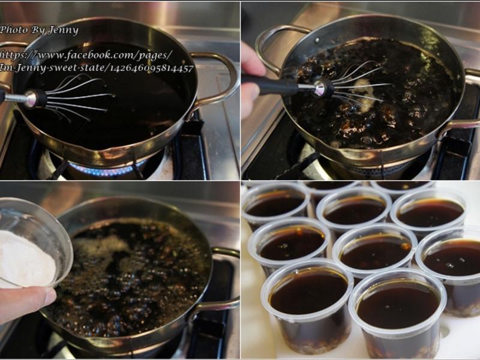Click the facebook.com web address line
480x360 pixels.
(85, 55)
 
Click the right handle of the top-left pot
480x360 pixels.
(219, 80)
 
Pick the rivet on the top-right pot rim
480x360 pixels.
(317, 40)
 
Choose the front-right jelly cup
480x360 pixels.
(397, 314)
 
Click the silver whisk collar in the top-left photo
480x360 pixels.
(31, 98)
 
